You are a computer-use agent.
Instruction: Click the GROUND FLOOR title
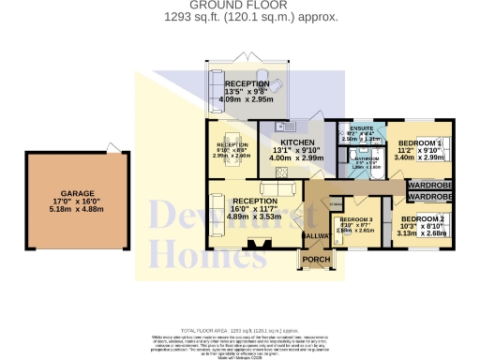239,5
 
